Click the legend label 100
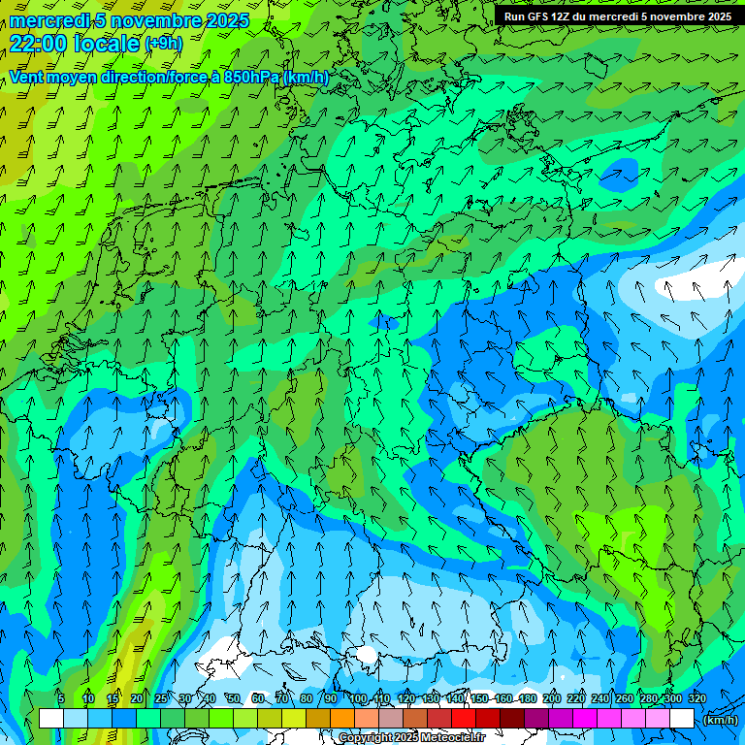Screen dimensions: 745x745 click(x=358, y=698)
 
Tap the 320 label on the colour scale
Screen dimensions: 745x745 click(x=696, y=698)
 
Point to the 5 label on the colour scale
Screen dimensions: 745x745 click(x=61, y=698)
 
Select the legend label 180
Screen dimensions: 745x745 click(x=528, y=698)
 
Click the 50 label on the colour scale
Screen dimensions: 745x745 click(x=233, y=698)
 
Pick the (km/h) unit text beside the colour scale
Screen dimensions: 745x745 click(x=720, y=720)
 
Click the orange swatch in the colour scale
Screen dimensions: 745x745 click(x=341, y=719)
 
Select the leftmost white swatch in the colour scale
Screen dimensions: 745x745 click(x=51, y=719)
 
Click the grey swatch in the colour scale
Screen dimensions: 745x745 click(x=390, y=719)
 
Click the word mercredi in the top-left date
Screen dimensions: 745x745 click(x=45, y=20)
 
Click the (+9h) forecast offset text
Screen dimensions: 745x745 click(x=162, y=44)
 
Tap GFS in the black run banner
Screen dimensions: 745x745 click(x=538, y=16)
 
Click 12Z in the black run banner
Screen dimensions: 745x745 click(x=565, y=16)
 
